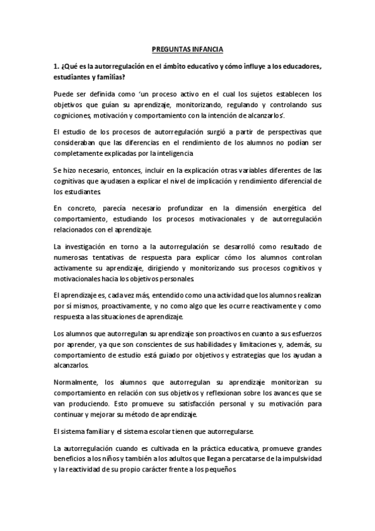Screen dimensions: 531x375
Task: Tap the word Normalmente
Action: pyautogui.click(x=77, y=383)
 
